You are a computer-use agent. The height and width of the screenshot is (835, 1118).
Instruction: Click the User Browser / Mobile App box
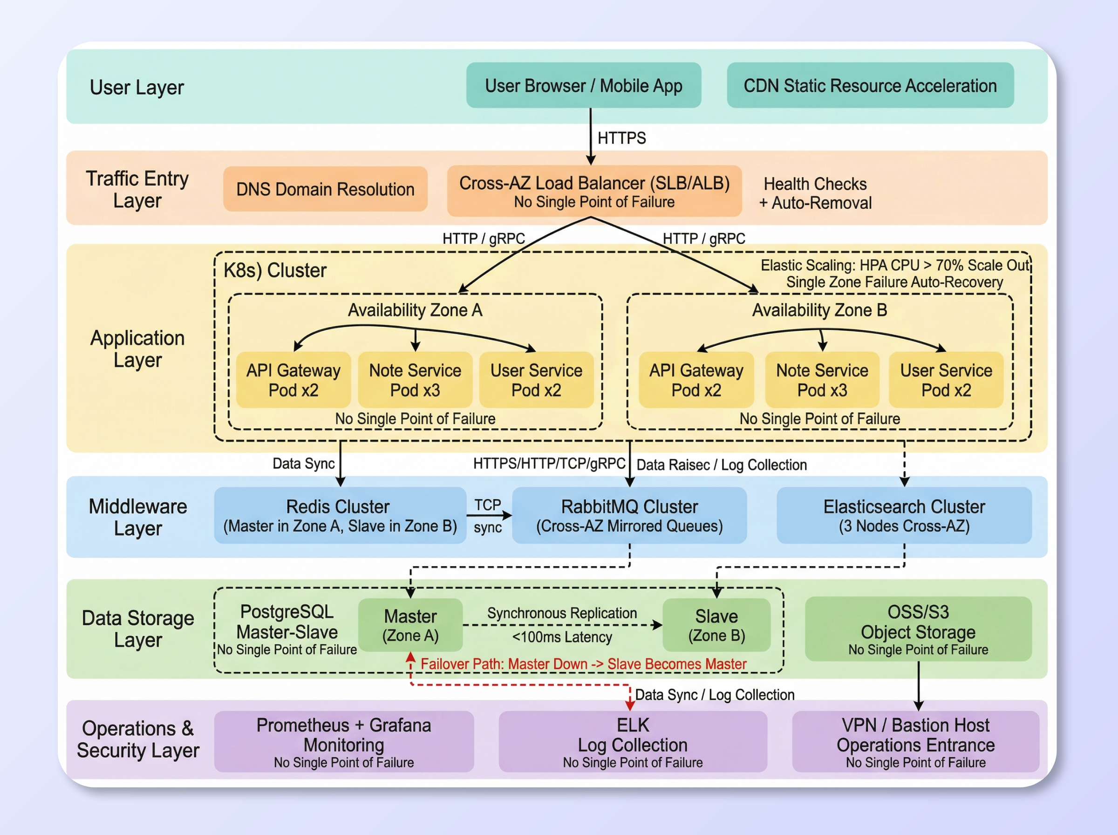[x=583, y=85]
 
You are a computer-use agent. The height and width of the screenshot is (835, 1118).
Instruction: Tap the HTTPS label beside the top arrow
[x=621, y=138]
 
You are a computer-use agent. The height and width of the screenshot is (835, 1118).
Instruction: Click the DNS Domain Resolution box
[x=325, y=189]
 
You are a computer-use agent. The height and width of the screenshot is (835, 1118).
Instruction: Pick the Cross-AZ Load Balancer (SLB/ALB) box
[x=593, y=191]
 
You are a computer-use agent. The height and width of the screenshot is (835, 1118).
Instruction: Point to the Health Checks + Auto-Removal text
[x=815, y=193]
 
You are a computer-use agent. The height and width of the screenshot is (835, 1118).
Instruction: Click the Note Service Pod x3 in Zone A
[x=415, y=380]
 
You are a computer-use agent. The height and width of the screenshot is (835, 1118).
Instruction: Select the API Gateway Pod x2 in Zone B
[x=695, y=380]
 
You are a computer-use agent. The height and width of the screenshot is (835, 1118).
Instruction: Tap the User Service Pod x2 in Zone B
[x=945, y=380]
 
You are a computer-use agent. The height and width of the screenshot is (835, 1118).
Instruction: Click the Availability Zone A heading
[x=415, y=310]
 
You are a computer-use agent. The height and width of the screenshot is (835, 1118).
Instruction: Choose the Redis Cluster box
[x=340, y=515]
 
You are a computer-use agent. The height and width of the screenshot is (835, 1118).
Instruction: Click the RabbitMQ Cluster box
[x=629, y=515]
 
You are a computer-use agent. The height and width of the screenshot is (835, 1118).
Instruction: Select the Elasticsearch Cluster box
[x=903, y=515]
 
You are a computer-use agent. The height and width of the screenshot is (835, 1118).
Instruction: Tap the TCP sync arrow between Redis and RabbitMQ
[x=489, y=515]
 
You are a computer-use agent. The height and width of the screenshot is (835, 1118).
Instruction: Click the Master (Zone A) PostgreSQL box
[x=410, y=625]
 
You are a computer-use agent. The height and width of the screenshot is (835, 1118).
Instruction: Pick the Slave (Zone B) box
[x=716, y=625]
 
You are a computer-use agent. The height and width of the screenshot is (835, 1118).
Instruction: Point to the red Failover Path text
[x=583, y=664]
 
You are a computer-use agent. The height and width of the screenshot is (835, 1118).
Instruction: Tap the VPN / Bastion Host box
[x=915, y=741]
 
